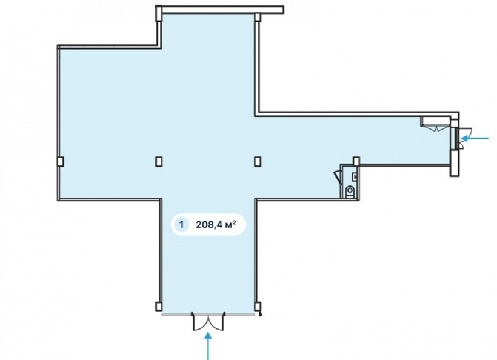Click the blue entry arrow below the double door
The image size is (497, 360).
point(208,345)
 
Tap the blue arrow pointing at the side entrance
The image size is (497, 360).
point(475,138)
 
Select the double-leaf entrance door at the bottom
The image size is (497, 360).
point(208,321)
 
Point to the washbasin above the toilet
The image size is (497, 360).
point(355,177)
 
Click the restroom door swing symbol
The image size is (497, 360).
point(337,176)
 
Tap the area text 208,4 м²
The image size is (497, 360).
point(216,225)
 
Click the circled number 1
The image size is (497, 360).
point(182,225)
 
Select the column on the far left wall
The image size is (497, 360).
point(60,162)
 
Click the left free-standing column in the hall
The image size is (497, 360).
point(159,162)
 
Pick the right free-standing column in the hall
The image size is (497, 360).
point(258,162)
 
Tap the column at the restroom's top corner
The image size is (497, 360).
point(356,161)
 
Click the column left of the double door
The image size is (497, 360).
point(159,307)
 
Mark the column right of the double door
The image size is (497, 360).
point(258,307)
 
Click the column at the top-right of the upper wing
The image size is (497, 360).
point(258,16)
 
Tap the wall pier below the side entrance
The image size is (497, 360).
point(455,162)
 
